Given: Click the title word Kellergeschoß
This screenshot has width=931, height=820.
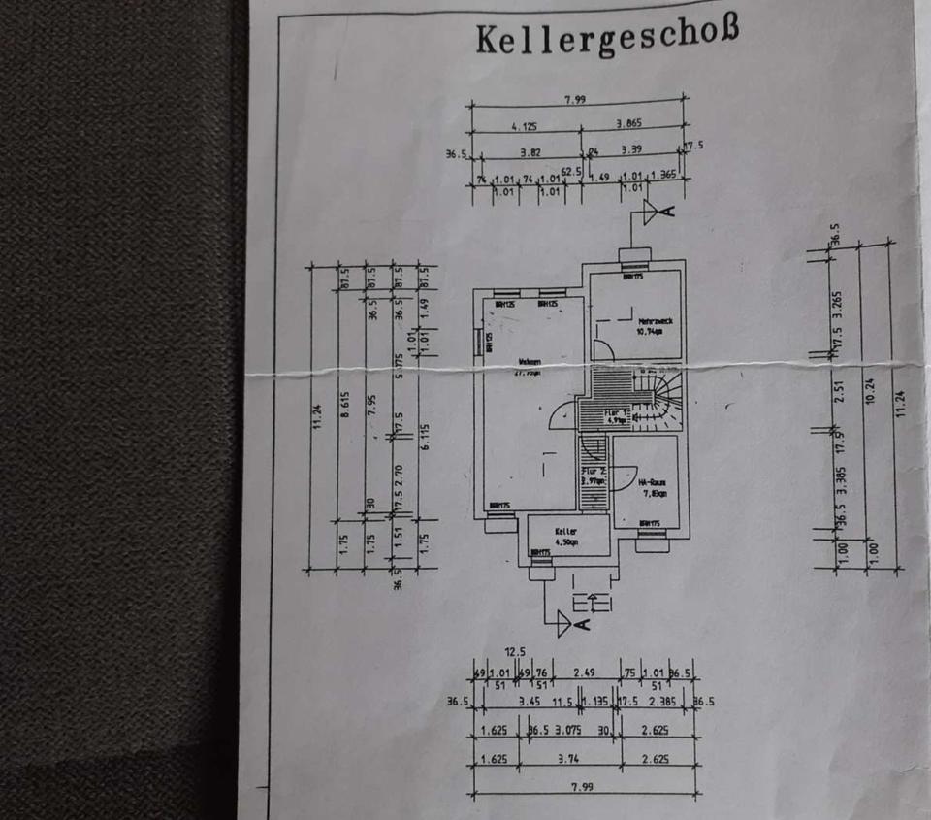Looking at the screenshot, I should point(607,37).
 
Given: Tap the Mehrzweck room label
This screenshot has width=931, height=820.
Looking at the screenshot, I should point(650,324).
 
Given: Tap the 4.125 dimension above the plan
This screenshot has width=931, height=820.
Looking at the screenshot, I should point(525,126).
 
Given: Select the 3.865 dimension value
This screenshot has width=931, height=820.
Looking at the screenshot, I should point(631,124).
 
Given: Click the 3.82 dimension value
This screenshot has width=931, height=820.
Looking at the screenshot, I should point(530,152).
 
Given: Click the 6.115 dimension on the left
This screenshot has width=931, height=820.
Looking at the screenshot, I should point(425,438).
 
